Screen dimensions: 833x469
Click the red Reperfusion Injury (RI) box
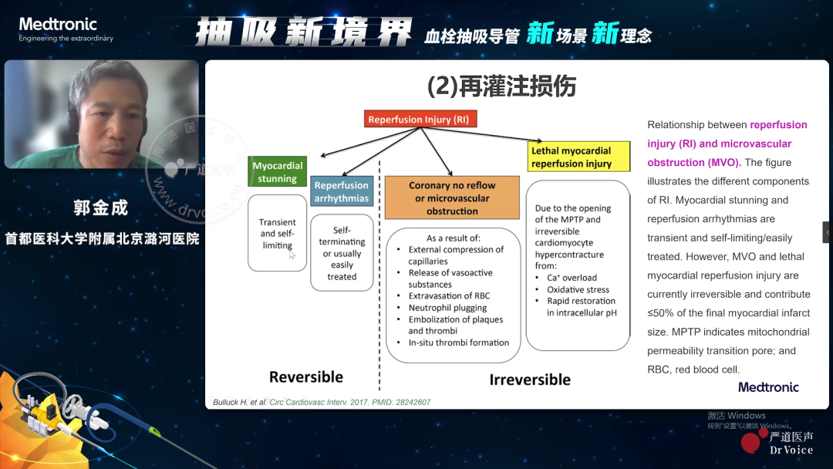click(420, 119)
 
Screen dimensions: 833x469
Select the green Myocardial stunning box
click(278, 171)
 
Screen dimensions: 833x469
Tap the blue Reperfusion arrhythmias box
click(342, 191)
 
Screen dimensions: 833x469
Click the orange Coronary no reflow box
click(452, 197)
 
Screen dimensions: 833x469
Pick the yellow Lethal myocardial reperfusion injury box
click(578, 157)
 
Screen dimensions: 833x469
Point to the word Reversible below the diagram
click(306, 376)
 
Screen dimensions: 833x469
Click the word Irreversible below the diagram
click(530, 380)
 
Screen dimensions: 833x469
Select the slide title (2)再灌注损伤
click(501, 86)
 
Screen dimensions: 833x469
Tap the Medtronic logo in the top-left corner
click(66, 29)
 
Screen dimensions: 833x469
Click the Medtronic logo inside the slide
click(768, 386)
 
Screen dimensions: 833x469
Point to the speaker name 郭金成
click(101, 208)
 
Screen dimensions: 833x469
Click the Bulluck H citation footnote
click(322, 402)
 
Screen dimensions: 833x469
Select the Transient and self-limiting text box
click(278, 233)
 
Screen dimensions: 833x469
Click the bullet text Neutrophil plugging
click(447, 308)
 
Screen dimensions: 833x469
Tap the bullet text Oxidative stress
click(578, 289)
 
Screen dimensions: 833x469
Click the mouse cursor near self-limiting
click(292, 255)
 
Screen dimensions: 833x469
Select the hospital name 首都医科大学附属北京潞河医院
click(102, 238)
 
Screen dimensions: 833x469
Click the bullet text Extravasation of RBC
click(449, 296)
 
